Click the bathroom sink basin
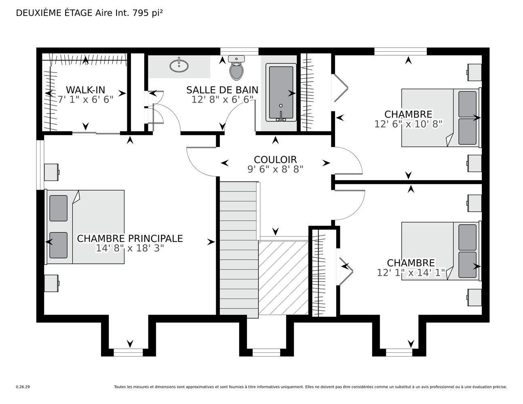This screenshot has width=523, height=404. click(x=179, y=65)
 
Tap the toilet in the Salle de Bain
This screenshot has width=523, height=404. click(x=236, y=68)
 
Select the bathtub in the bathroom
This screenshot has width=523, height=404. click(x=281, y=93)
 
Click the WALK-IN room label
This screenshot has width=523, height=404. click(x=85, y=90)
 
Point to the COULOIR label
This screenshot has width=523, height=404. click(x=275, y=160)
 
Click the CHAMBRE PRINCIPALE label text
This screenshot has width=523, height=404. click(x=130, y=238)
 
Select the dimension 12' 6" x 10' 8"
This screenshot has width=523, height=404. click(x=408, y=124)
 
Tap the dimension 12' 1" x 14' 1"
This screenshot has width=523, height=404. click(x=411, y=273)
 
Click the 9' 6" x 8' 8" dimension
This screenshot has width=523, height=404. click(x=275, y=169)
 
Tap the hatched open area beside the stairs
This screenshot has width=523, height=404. click(x=283, y=278)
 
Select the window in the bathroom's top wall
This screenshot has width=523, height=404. click(x=240, y=51)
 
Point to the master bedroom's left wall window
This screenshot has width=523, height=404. click(x=40, y=165)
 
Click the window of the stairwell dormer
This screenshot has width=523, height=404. click(x=266, y=353)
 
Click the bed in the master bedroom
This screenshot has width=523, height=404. click(x=84, y=227)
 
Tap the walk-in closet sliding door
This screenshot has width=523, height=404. click(x=96, y=133)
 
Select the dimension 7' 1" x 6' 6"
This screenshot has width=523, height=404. click(x=85, y=99)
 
